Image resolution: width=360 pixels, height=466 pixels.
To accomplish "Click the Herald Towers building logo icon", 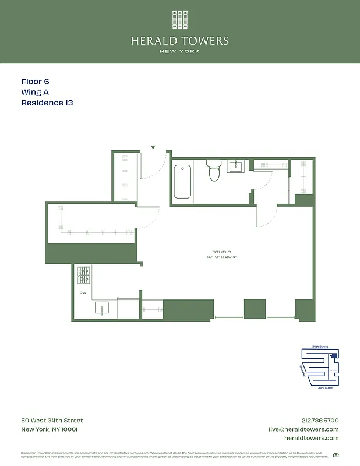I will [180, 20].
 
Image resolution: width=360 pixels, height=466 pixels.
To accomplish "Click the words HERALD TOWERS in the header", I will [180, 41].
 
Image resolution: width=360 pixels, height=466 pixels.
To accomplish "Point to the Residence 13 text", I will [47, 103].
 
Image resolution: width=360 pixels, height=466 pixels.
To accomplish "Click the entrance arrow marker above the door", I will [153, 148].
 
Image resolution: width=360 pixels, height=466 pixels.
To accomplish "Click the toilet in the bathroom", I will [214, 171].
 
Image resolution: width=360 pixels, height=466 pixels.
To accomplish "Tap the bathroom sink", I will [237, 167].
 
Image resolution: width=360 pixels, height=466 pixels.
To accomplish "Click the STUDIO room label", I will [221, 252].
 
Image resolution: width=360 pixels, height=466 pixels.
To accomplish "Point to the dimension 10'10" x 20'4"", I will [221, 257].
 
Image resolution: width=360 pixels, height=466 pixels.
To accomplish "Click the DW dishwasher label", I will [82, 293].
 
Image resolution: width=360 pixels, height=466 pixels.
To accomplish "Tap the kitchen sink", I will [103, 309].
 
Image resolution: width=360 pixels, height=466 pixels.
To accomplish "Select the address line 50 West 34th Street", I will [52, 421].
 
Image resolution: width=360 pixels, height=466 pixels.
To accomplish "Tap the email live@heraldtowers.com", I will [303, 429].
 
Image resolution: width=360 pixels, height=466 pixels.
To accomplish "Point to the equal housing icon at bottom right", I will [336, 455].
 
